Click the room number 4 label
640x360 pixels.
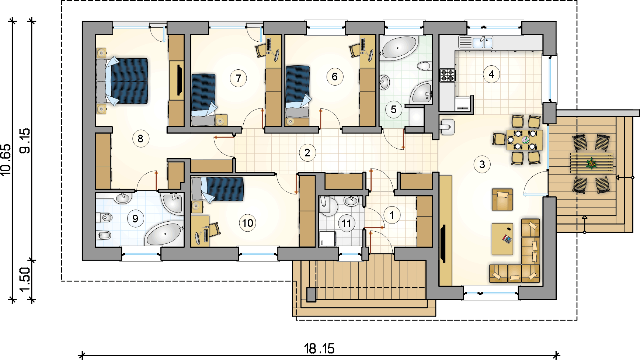click(x=491, y=74)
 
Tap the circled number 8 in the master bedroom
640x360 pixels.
click(x=140, y=138)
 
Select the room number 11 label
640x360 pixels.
click(x=347, y=223)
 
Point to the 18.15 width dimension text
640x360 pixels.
click(x=319, y=348)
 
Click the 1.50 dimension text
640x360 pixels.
click(x=25, y=279)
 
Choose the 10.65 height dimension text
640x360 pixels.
click(x=6, y=160)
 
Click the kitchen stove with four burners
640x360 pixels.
click(x=448, y=75)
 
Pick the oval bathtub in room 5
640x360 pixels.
click(x=399, y=48)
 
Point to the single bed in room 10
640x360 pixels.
click(x=218, y=189)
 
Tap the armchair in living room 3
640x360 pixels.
click(x=502, y=199)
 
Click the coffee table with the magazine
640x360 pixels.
click(x=502, y=239)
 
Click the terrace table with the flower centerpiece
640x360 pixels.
click(x=592, y=163)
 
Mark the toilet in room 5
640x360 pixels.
click(x=424, y=66)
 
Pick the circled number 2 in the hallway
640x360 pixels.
click(x=307, y=152)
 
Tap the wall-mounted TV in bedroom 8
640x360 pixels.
click(x=180, y=80)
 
